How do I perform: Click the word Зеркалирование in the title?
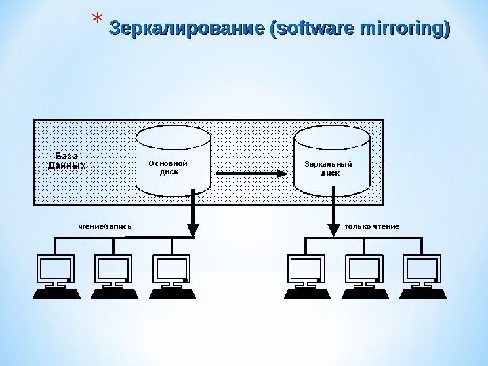[187, 29]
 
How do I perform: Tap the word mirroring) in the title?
[406, 29]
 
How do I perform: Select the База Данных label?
[67, 161]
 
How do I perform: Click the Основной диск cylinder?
[173, 161]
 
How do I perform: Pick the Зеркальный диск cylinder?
[331, 161]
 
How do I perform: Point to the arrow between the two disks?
[251, 174]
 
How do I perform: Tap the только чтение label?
[372, 225]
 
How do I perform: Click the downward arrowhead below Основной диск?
[193, 229]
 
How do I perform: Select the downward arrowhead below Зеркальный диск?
[333, 229]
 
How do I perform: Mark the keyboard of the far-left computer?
[57, 293]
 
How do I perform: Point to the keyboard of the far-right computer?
[423, 293]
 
